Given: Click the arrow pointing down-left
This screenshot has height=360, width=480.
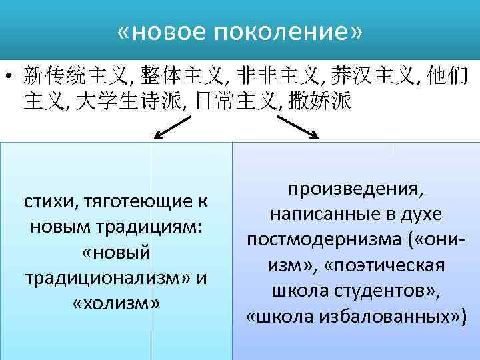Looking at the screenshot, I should [x=173, y=127].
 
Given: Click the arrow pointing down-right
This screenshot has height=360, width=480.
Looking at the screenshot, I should [x=297, y=127].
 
